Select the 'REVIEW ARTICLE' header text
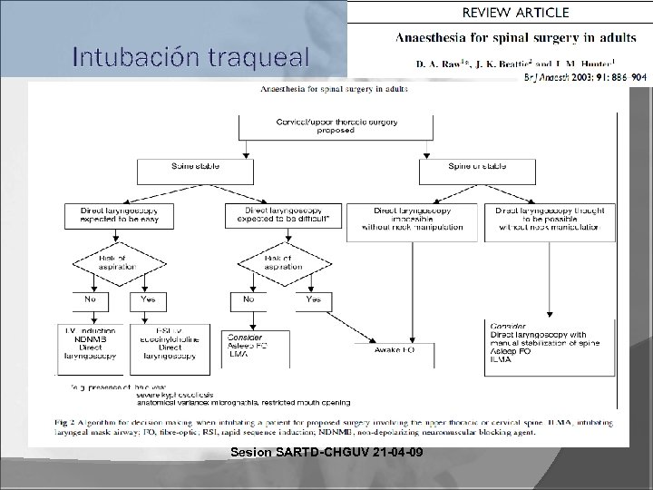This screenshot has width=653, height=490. (516, 13)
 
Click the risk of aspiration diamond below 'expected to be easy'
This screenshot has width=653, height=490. (108, 265)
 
